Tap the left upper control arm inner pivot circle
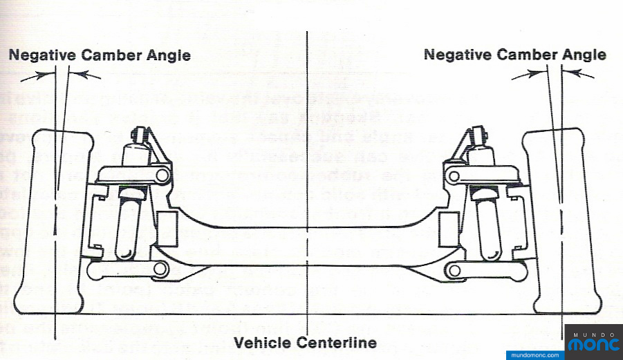[x=162, y=176]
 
